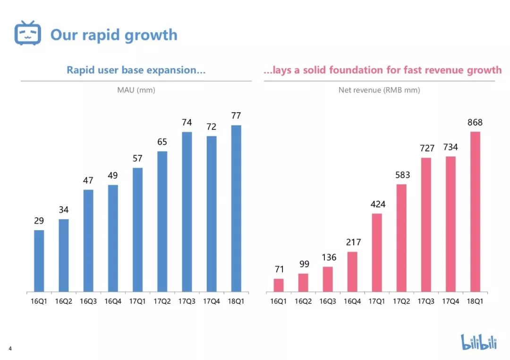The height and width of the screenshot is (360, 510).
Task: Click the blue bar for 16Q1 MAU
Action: (39, 260)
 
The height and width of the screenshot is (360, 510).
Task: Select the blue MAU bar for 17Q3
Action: (187, 211)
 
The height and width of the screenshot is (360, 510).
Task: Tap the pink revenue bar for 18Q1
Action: (475, 211)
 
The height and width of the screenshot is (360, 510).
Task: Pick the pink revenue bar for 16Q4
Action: (352, 271)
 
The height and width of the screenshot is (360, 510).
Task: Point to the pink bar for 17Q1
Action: (377, 252)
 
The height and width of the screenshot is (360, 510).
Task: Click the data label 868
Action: (475, 123)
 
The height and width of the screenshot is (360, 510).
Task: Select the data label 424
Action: (377, 204)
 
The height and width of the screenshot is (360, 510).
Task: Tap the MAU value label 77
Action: (236, 116)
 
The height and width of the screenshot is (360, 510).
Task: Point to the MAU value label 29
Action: (39, 221)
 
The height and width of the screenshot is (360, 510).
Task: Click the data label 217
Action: (353, 243)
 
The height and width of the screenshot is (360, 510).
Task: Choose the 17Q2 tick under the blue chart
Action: (162, 301)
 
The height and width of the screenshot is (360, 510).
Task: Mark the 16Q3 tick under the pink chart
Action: (328, 301)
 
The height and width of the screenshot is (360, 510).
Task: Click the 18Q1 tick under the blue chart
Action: (236, 301)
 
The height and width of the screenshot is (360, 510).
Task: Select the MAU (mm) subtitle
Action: (136, 90)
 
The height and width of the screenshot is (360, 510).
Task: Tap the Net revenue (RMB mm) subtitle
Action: (379, 90)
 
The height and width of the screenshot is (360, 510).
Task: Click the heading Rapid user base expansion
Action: (136, 70)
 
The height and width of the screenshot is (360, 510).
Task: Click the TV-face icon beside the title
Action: (28, 33)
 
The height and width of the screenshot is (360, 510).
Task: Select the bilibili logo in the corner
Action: (479, 342)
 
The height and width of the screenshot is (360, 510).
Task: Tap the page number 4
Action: (10, 349)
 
